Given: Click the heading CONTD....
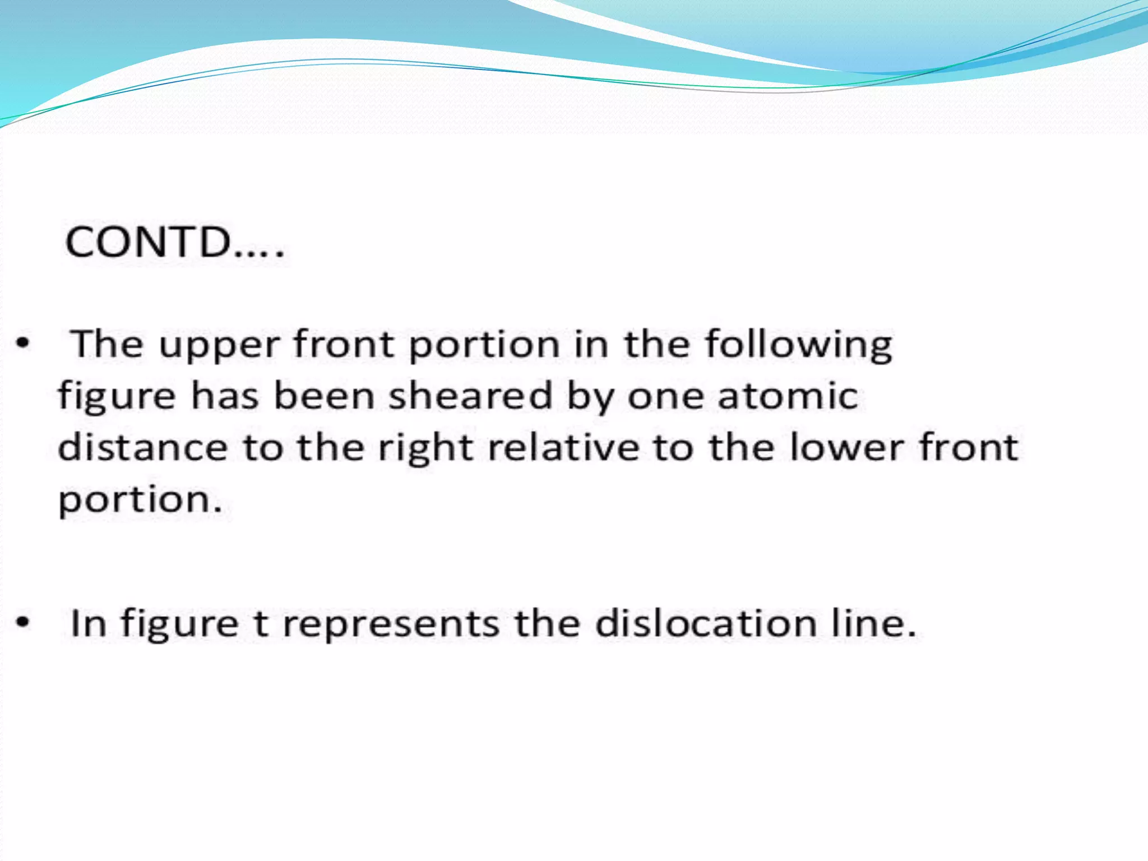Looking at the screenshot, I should click(x=174, y=242).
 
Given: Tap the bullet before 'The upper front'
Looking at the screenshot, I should click(x=22, y=343).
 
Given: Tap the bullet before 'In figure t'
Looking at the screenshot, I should click(x=22, y=622).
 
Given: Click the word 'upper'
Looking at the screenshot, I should click(x=219, y=345).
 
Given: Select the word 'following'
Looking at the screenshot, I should click(x=798, y=345).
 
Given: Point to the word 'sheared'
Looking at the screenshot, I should click(x=470, y=396).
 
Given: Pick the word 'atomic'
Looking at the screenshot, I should click(x=787, y=396).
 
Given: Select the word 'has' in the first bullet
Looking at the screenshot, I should click(x=225, y=396).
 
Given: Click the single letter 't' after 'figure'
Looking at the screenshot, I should click(x=260, y=623).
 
